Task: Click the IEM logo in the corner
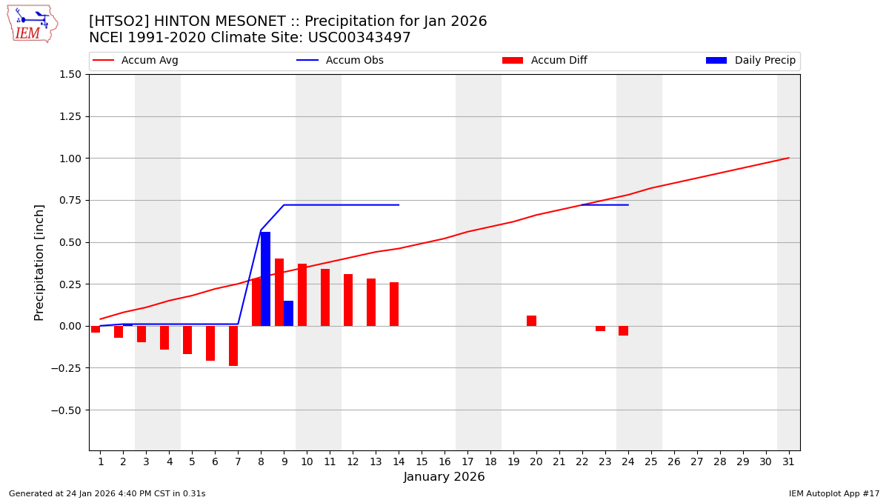pos(32,23)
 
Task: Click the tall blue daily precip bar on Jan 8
pos(265,279)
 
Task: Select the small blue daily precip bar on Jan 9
pos(288,313)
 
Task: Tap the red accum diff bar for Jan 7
pos(233,346)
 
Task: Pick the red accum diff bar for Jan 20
pos(531,321)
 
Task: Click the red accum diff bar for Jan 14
pos(394,304)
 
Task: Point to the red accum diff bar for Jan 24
pos(623,331)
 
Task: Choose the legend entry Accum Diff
pos(559,61)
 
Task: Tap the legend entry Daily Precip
pos(765,61)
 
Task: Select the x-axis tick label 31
pos(788,462)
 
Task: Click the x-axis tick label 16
pos(444,462)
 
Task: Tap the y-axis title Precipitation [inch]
pos(39,262)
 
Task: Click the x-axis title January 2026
pos(444,477)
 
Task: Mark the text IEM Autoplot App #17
pos(834,493)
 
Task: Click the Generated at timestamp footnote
pos(107,493)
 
